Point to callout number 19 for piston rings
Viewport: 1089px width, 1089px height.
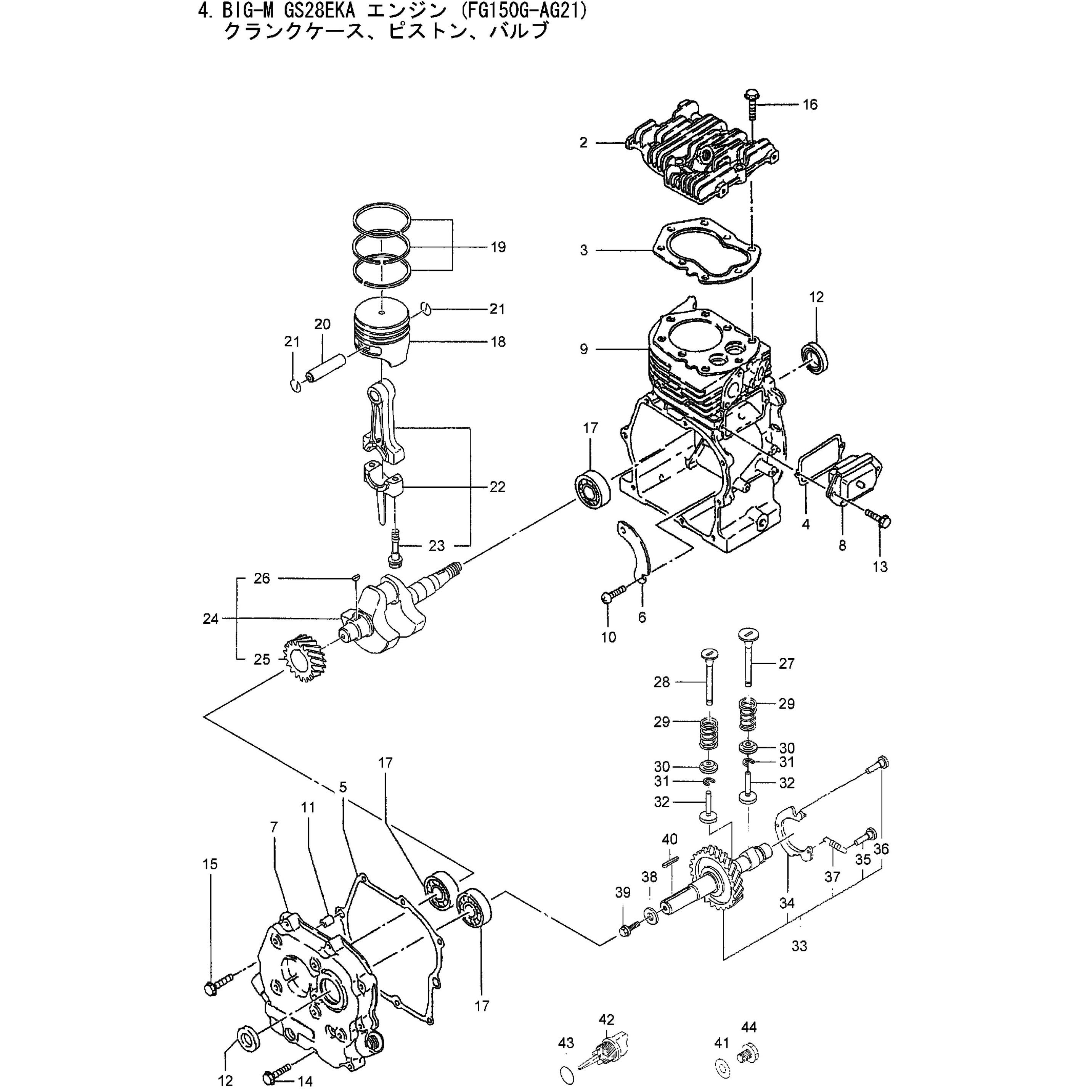coord(498,247)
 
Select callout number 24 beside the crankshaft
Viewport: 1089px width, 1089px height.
coord(211,619)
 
